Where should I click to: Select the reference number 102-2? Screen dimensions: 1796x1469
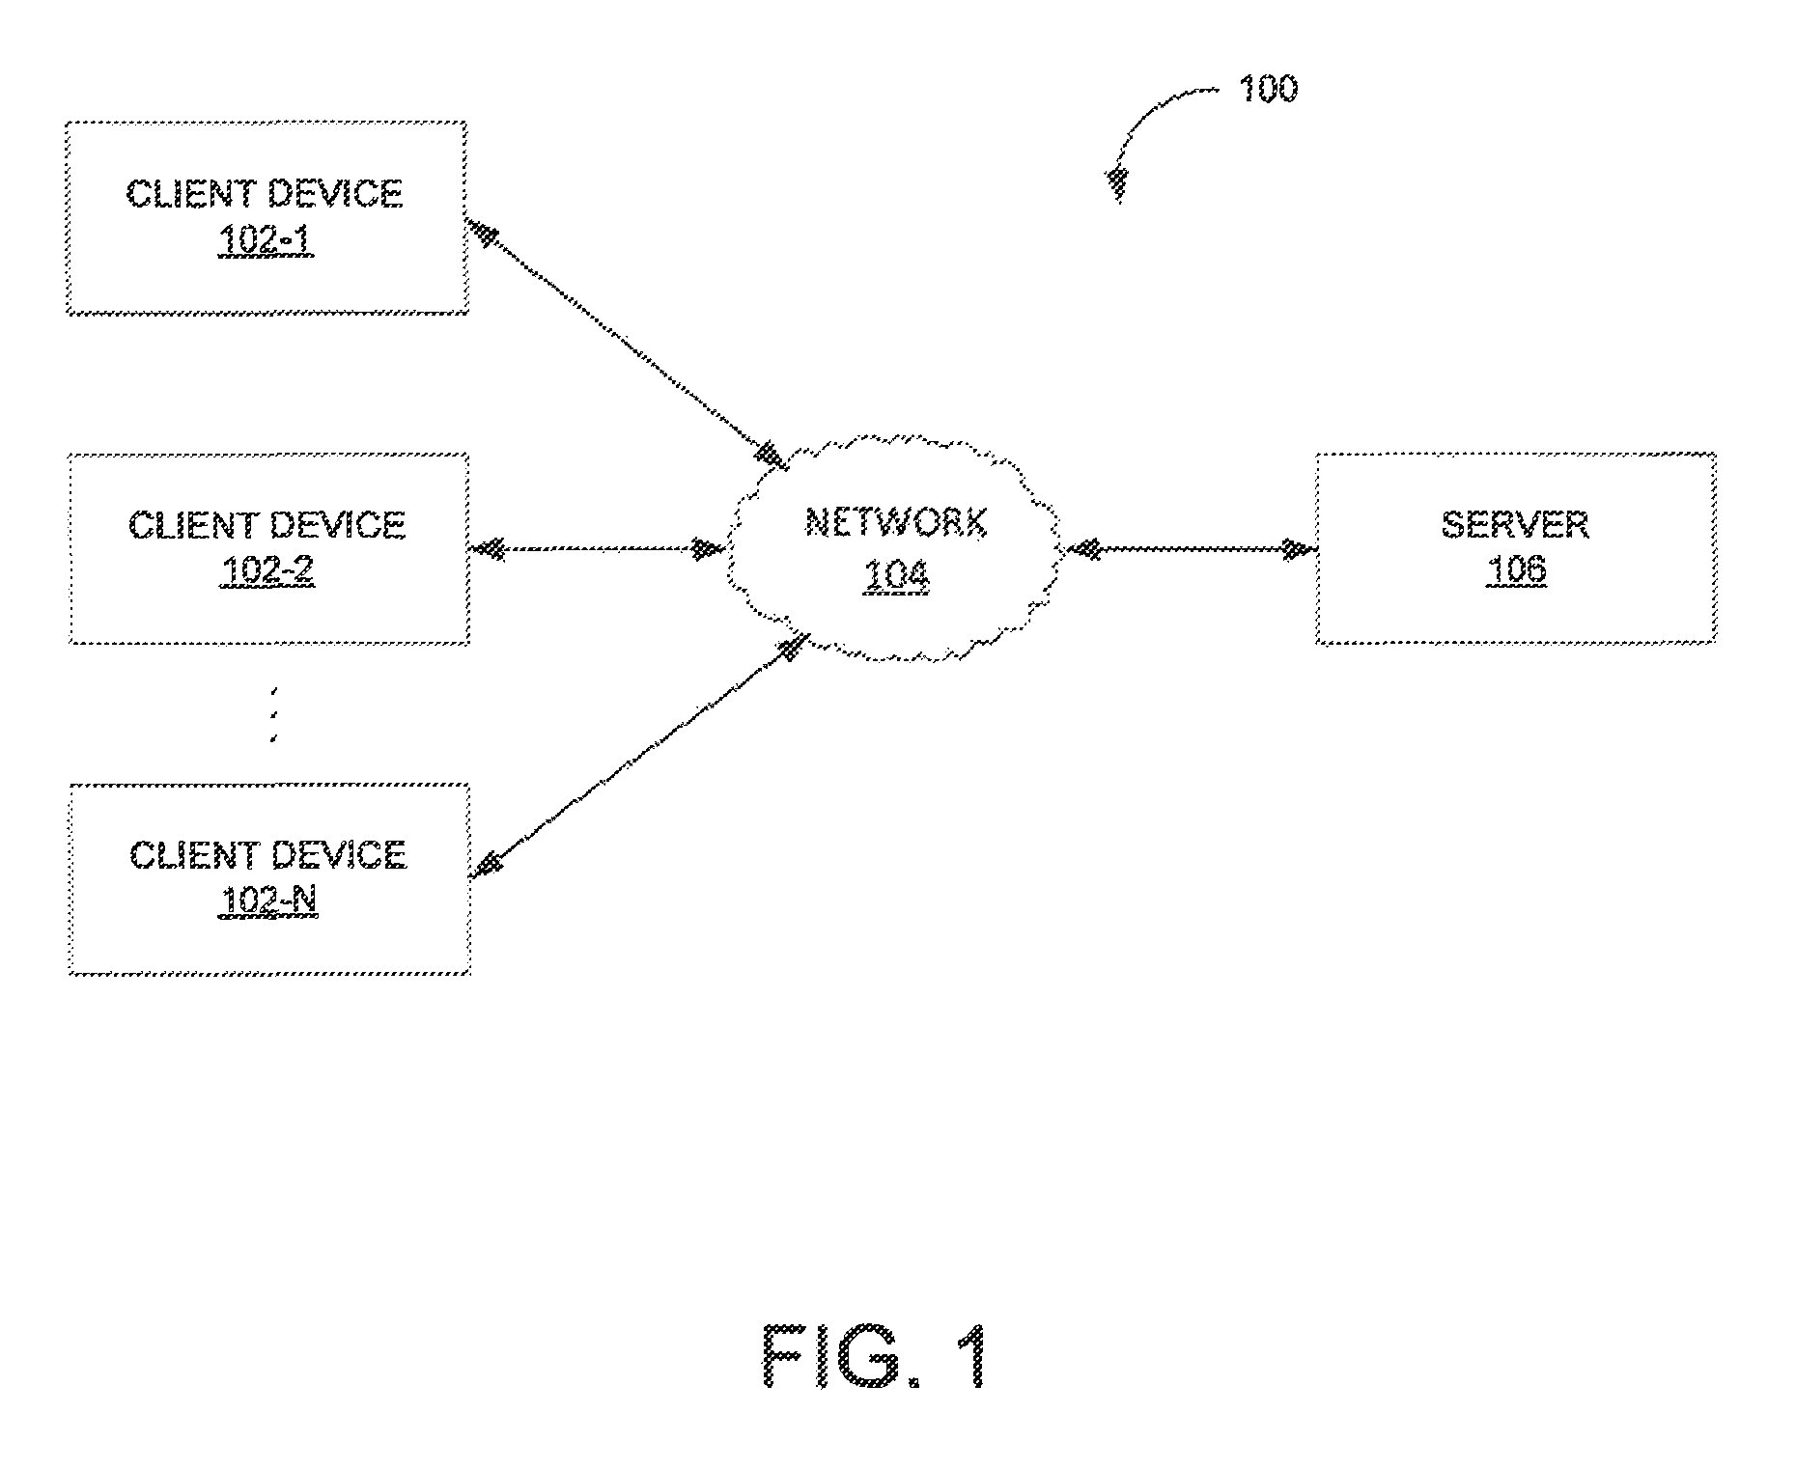(267, 572)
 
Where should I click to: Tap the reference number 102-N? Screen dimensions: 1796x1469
(268, 902)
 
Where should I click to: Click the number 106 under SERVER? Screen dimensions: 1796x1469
(1515, 570)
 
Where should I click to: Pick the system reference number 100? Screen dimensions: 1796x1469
(1268, 89)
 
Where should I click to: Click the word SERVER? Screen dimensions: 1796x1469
(1515, 525)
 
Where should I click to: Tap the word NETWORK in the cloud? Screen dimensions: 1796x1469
(896, 523)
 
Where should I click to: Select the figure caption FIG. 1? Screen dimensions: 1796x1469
(876, 1356)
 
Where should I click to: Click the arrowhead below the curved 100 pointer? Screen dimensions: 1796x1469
(1117, 184)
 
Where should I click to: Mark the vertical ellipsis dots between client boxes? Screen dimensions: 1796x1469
(274, 715)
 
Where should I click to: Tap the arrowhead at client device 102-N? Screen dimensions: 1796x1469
(487, 863)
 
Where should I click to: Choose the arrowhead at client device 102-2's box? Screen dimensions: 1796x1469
(488, 550)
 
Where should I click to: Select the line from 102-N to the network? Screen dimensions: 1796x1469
(638, 758)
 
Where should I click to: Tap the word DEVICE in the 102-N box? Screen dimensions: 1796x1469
(337, 855)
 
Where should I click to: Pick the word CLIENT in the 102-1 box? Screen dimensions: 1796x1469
(189, 194)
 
